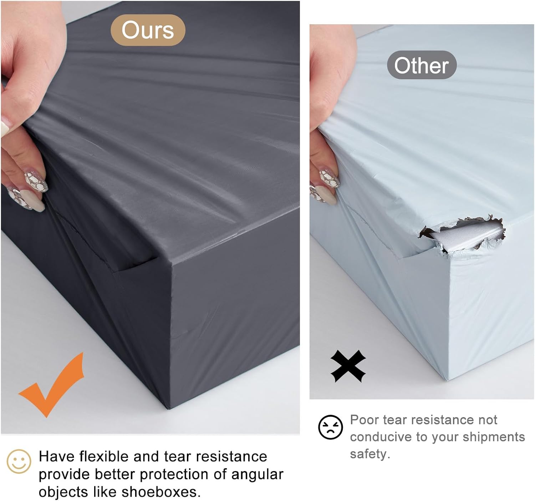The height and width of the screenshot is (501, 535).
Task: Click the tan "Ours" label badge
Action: click(148, 30)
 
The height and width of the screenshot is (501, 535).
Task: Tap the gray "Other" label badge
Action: click(422, 65)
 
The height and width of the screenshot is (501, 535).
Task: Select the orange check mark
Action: click(51, 385)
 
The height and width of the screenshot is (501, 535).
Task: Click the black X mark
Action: click(348, 366)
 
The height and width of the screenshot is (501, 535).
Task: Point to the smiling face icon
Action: click(19, 461)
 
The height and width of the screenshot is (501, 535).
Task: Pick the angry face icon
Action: click(331, 427)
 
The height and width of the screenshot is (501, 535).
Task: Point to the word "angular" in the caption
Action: click(257, 475)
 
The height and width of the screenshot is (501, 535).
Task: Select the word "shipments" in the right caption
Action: click(494, 437)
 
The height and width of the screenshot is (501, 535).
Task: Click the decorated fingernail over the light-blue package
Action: click(329, 178)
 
